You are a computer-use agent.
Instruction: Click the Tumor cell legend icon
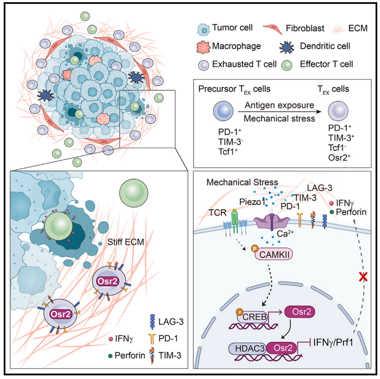(203, 29)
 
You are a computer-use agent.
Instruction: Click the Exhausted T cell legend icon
(203, 65)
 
